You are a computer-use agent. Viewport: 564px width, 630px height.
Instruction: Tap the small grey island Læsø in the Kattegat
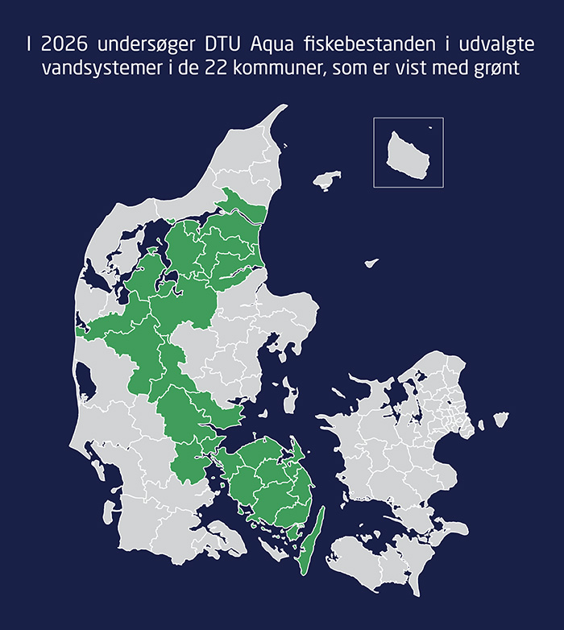(x=326, y=182)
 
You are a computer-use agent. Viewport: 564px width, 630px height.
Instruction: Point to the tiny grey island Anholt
(x=371, y=263)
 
